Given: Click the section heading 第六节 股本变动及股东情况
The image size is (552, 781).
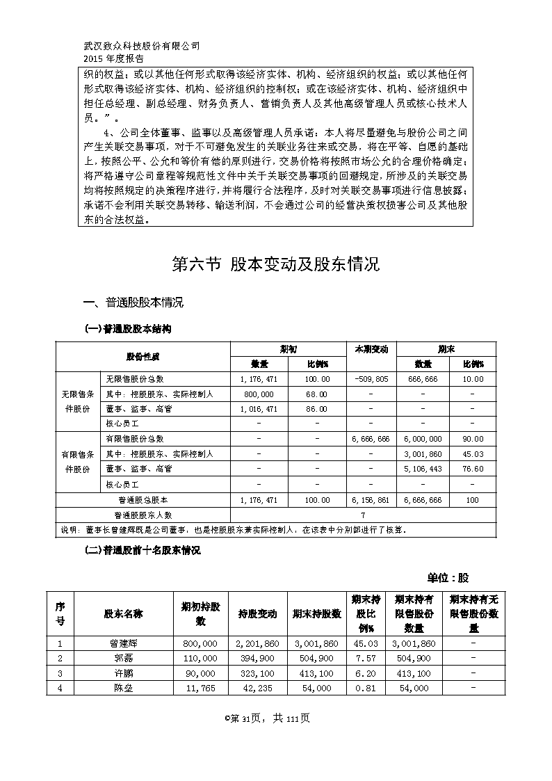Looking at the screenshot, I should [275, 264].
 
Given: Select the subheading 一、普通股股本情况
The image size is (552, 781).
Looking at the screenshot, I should [133, 303].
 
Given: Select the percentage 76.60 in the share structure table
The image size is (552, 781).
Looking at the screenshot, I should [472, 469].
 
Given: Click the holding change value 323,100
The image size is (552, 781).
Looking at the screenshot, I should [257, 673].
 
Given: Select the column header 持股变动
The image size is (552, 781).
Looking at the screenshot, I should [257, 614].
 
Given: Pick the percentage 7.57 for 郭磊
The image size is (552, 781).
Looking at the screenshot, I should [365, 658].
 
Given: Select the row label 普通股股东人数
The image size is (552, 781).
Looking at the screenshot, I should [143, 515].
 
